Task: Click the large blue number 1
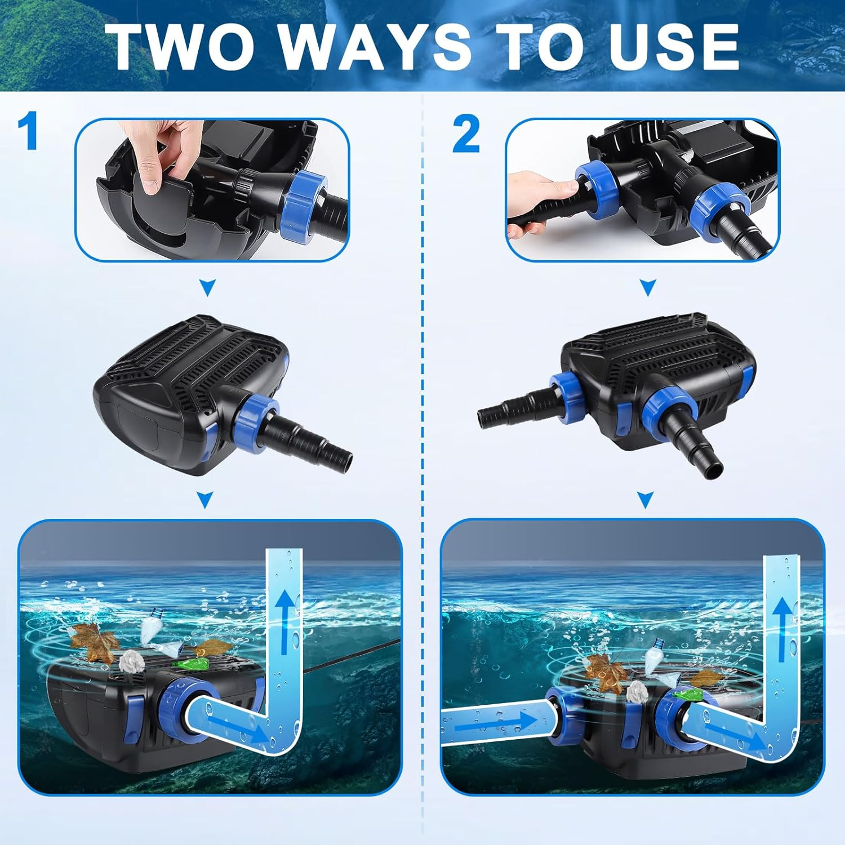(28, 131)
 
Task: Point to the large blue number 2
(466, 135)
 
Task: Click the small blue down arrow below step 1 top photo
(208, 289)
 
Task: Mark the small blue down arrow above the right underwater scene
(646, 499)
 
